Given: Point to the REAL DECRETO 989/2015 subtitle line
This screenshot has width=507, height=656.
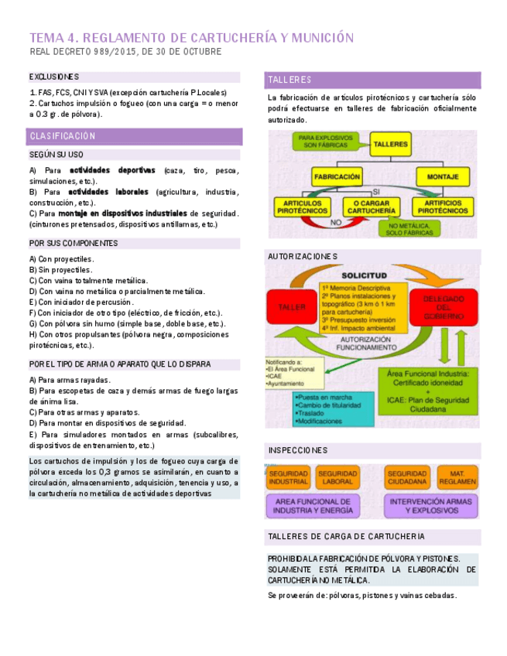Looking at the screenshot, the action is [125, 52].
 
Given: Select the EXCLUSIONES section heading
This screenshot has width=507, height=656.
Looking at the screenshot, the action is [54, 77].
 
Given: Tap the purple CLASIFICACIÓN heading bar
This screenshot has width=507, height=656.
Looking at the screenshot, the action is [133, 136].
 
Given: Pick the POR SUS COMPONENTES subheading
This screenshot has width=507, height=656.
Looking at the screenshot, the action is [74, 243].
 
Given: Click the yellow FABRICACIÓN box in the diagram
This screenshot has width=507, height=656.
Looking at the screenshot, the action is [337, 176].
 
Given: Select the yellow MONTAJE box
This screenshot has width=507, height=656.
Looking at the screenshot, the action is [448, 176].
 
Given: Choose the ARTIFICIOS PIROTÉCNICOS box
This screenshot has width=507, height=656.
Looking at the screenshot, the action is [444, 207].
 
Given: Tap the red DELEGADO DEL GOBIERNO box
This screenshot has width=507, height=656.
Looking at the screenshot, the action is [444, 308].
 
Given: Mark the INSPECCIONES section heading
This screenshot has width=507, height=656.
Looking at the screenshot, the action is [298, 450].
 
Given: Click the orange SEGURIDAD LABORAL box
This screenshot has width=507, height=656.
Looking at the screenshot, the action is [337, 477].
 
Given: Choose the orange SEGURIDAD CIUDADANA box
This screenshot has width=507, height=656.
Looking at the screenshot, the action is [407, 477].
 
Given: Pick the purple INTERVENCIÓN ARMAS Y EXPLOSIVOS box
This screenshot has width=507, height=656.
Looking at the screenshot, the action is [430, 506].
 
